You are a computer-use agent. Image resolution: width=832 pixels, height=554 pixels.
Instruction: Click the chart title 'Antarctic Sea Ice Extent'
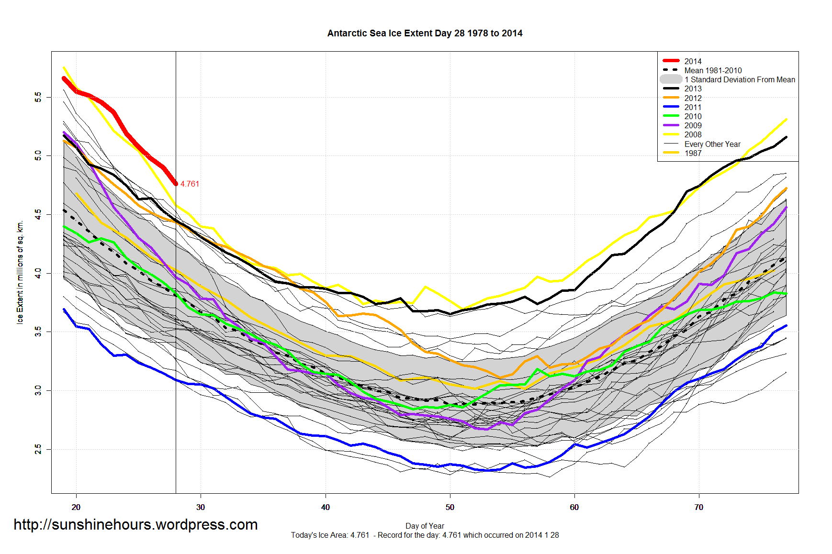(425, 33)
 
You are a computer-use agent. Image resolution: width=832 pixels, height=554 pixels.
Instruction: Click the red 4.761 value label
(190, 184)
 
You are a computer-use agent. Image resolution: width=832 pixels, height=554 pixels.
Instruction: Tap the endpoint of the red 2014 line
(176, 184)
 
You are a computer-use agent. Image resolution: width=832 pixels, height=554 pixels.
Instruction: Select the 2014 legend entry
(693, 61)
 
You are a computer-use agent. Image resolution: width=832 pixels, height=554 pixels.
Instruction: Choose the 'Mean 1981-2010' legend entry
(713, 70)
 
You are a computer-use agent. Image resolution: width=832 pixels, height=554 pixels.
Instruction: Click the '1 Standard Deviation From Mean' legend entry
(740, 79)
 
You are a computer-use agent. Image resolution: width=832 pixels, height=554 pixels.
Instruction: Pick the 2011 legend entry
(693, 107)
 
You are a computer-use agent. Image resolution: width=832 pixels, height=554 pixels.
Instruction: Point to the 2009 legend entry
(693, 125)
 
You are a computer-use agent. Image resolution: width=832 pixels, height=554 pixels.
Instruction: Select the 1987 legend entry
(693, 153)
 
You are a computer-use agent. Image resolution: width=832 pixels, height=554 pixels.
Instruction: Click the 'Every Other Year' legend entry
(712, 144)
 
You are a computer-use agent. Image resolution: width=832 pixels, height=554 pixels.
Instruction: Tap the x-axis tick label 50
(450, 507)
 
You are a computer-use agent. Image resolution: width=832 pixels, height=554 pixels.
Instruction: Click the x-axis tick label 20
(76, 507)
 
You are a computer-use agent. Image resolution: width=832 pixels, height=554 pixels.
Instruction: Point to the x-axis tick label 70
(699, 507)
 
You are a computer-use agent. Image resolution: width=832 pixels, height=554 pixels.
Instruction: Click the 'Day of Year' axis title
(425, 526)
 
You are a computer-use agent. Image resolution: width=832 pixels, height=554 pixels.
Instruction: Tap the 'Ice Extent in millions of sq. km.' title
(20, 272)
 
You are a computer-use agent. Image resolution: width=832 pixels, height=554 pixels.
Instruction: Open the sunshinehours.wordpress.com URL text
(135, 525)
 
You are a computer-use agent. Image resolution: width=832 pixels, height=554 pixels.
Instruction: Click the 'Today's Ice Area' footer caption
(425, 535)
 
